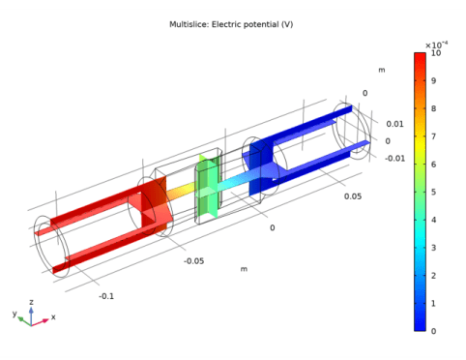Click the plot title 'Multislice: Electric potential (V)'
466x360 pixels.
[x=231, y=24]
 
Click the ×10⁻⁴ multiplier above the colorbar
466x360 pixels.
[x=436, y=45]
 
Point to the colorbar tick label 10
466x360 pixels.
[x=436, y=53]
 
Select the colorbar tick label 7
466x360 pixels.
[x=433, y=136]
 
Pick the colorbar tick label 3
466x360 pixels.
[x=433, y=248]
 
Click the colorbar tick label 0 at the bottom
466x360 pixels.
[x=433, y=331]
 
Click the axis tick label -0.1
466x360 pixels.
[x=106, y=296]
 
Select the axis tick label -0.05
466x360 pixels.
[x=194, y=261]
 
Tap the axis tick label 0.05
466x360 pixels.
[x=353, y=196]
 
